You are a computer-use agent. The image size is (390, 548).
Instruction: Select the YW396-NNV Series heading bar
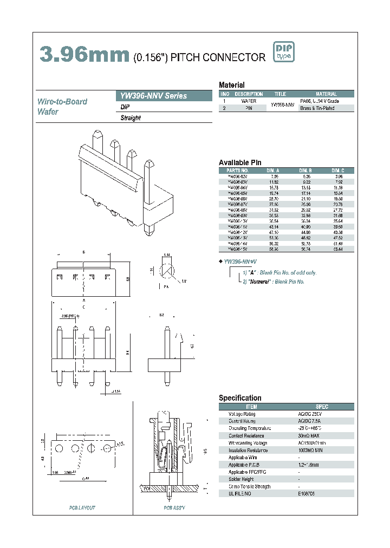pos(164,96)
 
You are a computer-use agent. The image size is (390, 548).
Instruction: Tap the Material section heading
pos(231,85)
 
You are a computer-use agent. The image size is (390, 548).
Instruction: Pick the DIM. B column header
pos(305,169)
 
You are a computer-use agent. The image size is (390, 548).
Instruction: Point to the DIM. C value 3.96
pos(337,177)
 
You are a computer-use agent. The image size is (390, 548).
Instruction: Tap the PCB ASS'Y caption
pos(174,508)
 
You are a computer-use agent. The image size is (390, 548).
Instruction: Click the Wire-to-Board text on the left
pos(62,101)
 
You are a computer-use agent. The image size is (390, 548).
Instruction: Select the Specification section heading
pos(240,398)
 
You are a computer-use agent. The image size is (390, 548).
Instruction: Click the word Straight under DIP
pos(131,118)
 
